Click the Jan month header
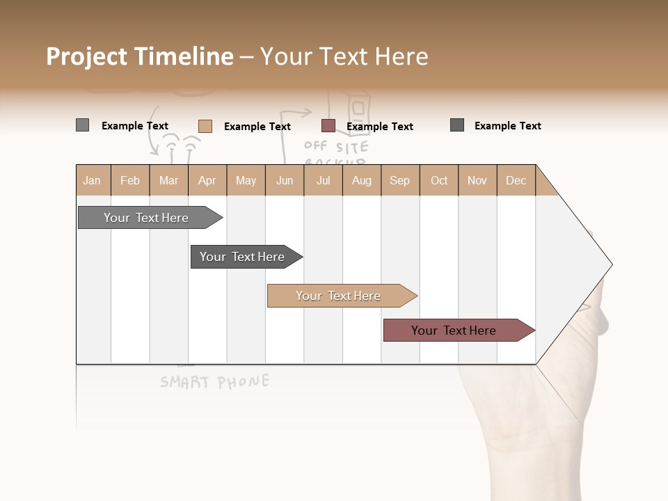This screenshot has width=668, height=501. click(92, 180)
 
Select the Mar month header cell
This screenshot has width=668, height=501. click(168, 180)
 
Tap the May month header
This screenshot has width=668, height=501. click(246, 180)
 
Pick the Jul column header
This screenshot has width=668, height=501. click(323, 180)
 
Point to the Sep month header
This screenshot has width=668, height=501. click(399, 180)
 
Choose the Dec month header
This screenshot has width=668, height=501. click(516, 180)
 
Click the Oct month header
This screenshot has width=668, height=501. click(439, 180)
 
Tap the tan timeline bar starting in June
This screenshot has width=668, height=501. click(339, 296)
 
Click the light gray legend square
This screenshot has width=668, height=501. click(82, 125)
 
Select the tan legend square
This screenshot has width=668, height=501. click(205, 126)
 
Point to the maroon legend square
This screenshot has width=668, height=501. click(328, 126)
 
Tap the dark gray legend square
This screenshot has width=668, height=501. click(457, 125)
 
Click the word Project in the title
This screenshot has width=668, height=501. click(87, 56)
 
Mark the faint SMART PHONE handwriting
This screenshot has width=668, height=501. click(214, 381)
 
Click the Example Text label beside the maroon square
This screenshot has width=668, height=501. click(380, 127)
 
